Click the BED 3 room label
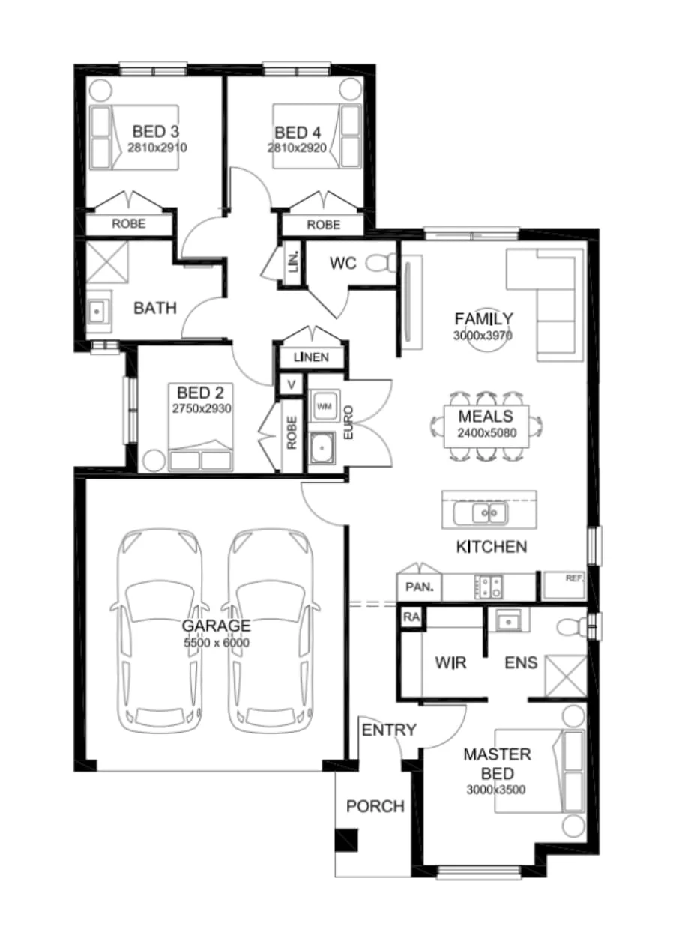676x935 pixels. click(155, 132)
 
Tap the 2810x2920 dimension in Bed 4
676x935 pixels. click(297, 148)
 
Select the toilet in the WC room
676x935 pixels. click(381, 263)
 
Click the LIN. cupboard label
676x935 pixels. click(294, 261)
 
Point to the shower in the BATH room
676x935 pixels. click(107, 262)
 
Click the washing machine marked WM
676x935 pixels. click(324, 406)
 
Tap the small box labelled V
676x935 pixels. click(292, 384)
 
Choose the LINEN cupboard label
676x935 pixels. click(311, 357)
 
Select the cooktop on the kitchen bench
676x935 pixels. click(489, 587)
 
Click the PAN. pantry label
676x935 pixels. click(420, 587)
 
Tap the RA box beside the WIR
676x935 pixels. click(411, 617)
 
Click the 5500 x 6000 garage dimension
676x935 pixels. click(217, 643)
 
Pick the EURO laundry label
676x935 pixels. click(348, 422)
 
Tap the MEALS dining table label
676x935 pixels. click(486, 416)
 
